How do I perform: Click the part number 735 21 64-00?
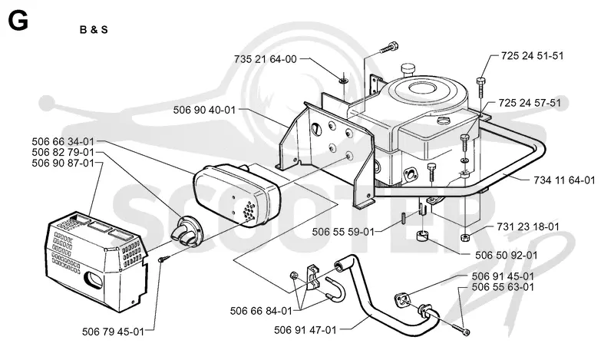pos(266,59)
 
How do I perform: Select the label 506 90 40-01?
pos(204,110)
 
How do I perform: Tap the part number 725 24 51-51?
pos(532,55)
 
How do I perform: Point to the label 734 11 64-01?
pos(564,180)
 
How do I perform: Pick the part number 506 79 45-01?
pos(113,332)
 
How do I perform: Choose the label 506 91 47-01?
pos(305,330)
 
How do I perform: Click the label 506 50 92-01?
pos(507,256)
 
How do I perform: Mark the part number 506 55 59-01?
pos(343,232)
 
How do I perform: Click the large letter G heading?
pos(18,21)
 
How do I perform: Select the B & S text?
pos(94,30)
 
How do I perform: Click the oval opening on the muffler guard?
pos(94,280)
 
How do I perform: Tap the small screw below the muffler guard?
pos(164,259)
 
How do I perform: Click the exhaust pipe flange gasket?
pos(401,299)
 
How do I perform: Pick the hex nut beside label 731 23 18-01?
pos(465,236)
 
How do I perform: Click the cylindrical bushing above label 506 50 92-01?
pos(422,237)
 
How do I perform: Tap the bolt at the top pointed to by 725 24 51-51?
pos(481,88)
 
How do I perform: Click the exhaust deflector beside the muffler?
pos(185,232)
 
